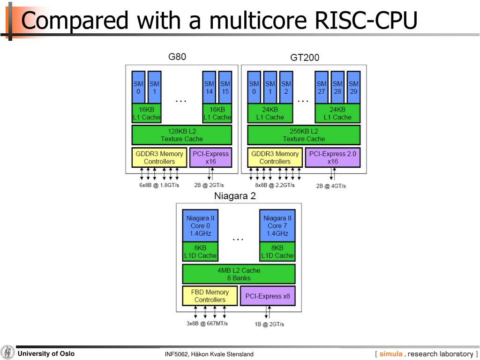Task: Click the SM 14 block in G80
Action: (x=209, y=87)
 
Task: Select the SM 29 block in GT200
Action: (x=353, y=87)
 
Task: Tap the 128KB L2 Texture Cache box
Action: (x=182, y=135)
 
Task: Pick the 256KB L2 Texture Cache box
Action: (x=304, y=135)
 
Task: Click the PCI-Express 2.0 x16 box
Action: (x=333, y=157)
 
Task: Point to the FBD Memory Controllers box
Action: (x=210, y=296)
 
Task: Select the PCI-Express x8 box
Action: (x=268, y=296)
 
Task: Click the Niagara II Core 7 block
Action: (x=277, y=225)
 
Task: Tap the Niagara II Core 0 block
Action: (x=200, y=225)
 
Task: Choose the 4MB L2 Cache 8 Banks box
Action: (x=239, y=274)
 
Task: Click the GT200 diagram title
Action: (x=305, y=57)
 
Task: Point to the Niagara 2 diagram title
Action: (x=235, y=196)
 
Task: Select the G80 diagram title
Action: (x=177, y=57)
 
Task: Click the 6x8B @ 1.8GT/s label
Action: (x=159, y=185)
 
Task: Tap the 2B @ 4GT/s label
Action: (x=331, y=186)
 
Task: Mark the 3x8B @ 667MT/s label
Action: (x=207, y=323)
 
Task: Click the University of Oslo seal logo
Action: (x=7, y=352)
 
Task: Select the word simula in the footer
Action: (x=391, y=354)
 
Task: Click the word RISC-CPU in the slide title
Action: (x=366, y=20)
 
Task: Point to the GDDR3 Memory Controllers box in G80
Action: (x=159, y=157)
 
